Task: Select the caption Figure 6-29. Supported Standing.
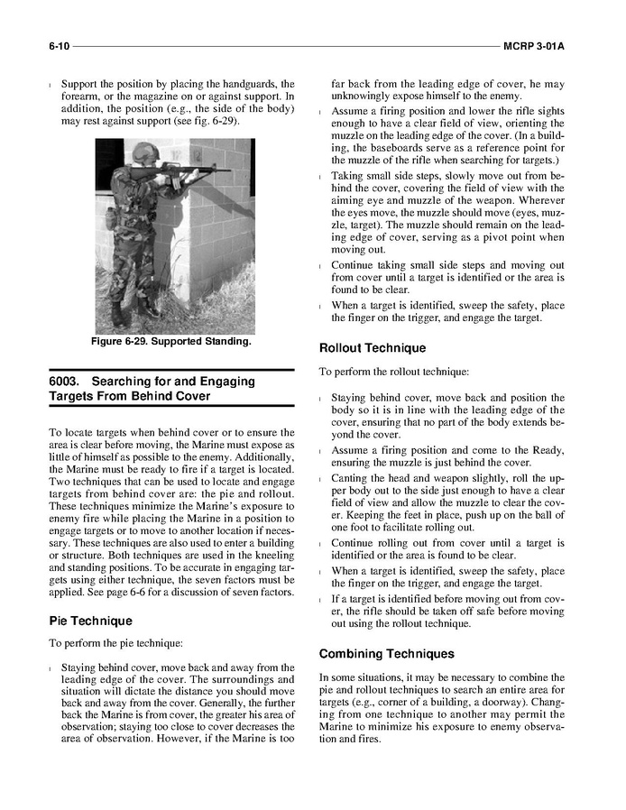(170, 342)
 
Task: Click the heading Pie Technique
(90, 621)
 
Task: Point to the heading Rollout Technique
(373, 348)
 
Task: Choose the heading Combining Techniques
(386, 653)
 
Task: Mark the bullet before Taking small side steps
(322, 176)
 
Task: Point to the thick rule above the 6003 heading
(171, 369)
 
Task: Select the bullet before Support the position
(51, 84)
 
